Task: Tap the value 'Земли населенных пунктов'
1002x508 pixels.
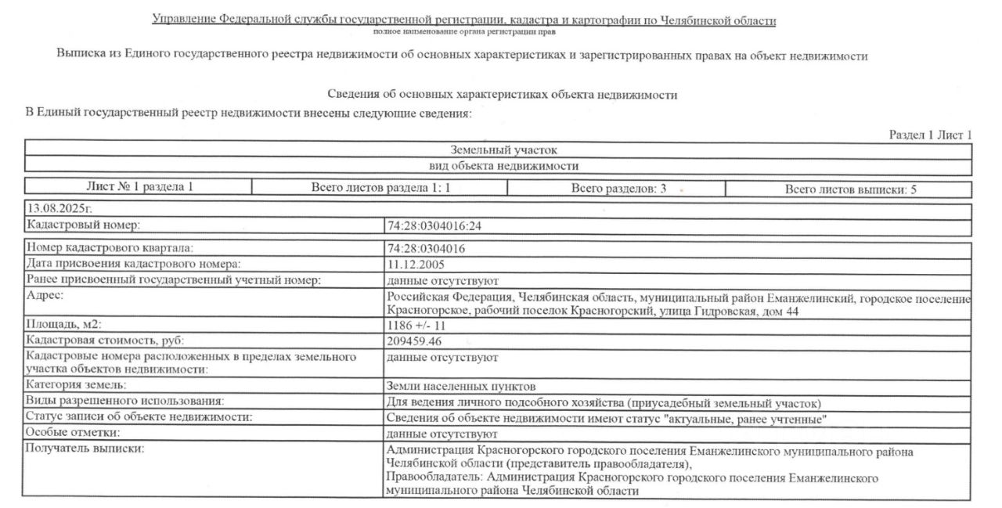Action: pos(461,386)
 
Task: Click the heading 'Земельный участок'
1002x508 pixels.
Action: pos(503,150)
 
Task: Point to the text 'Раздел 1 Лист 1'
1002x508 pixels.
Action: pos(930,135)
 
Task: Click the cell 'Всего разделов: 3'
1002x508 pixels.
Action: pos(618,188)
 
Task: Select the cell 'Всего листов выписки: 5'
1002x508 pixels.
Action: pos(850,189)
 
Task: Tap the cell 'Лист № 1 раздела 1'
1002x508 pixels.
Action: pos(139,187)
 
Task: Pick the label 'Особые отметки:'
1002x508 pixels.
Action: pos(72,432)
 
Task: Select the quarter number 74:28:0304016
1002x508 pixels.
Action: pos(427,249)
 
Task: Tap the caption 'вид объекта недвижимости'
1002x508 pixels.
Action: pos(503,165)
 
